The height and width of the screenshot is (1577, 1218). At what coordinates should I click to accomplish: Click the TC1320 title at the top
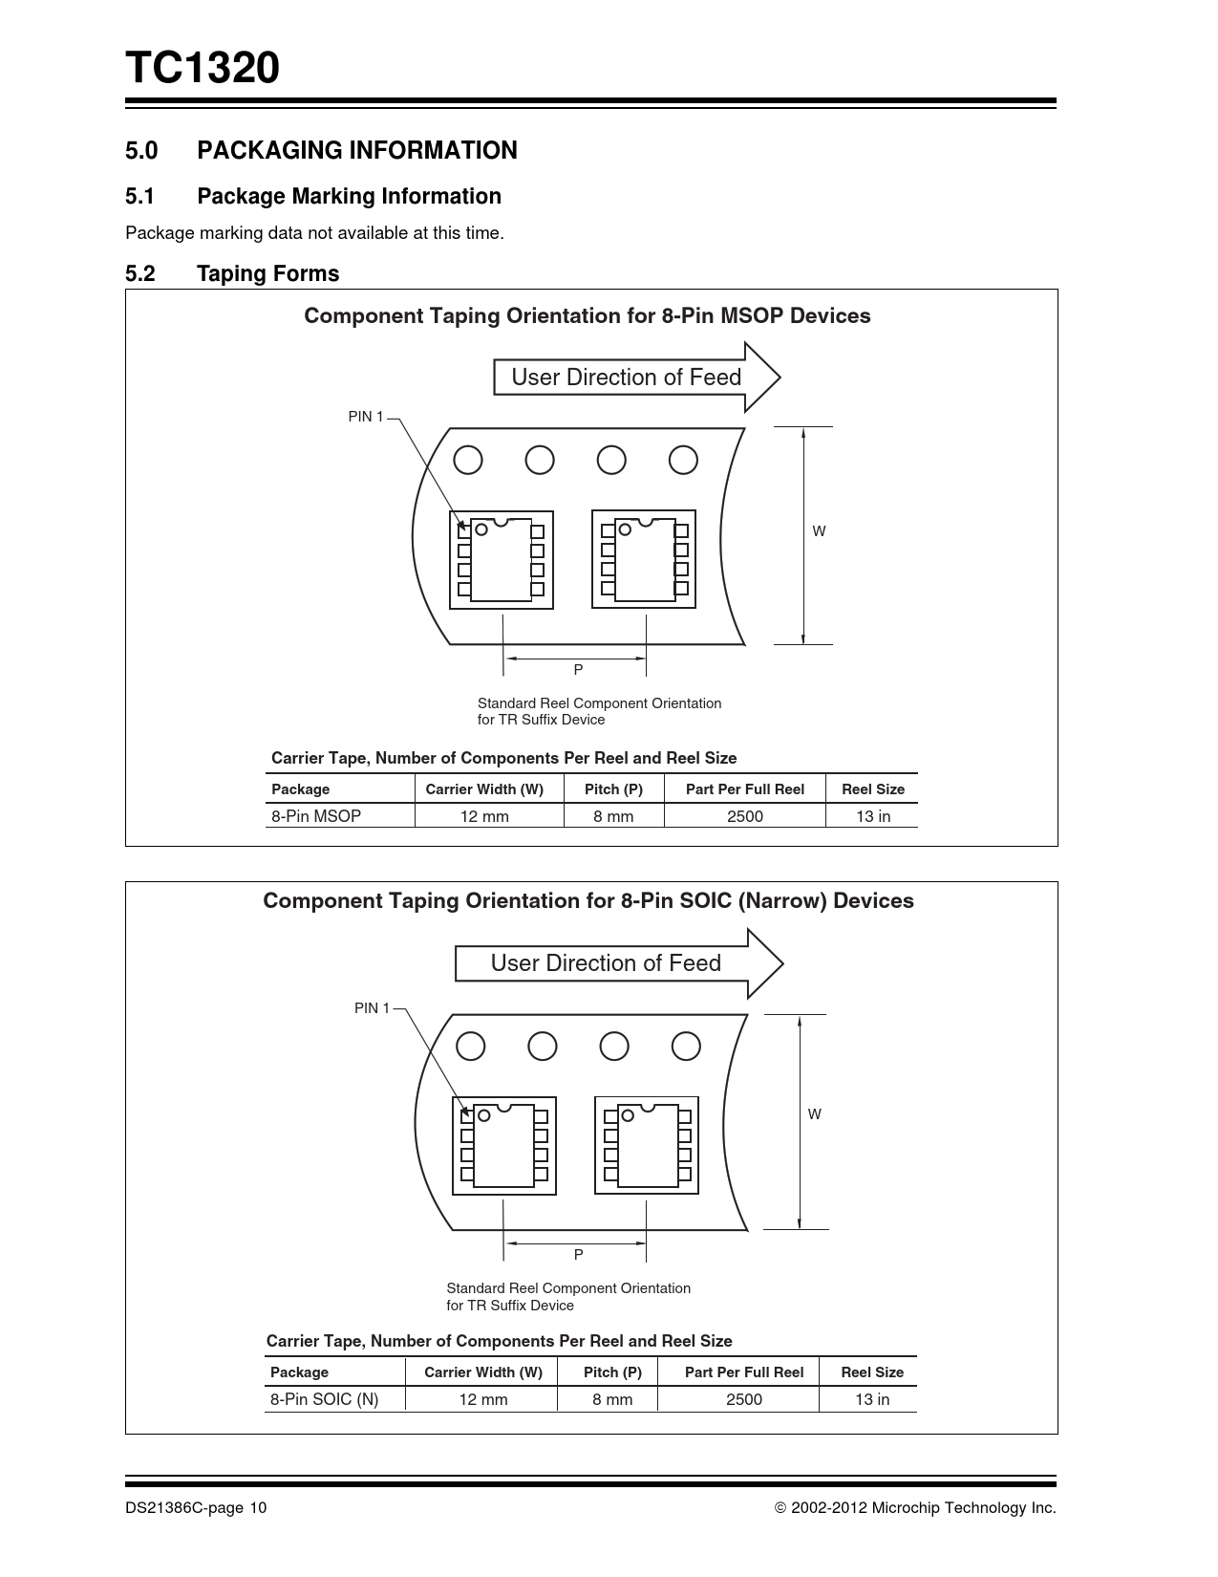tap(202, 69)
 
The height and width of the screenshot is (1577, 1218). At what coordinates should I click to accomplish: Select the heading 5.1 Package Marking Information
tap(313, 196)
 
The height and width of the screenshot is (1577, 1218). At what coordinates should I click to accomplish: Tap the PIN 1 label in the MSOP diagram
tap(365, 417)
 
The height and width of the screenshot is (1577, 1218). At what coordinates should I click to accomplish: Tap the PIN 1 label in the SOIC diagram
tap(372, 1008)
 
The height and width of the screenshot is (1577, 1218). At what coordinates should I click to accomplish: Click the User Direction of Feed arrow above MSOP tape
tap(635, 378)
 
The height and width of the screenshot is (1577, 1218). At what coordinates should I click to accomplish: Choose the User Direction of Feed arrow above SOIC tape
tap(617, 963)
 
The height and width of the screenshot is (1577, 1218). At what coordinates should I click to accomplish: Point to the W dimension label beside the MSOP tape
tap(819, 531)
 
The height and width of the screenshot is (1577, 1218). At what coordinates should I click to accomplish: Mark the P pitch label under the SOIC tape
tap(578, 1254)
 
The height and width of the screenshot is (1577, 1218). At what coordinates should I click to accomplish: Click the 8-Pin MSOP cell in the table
tap(316, 816)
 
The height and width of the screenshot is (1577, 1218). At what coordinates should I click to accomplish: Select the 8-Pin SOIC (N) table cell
tap(324, 1399)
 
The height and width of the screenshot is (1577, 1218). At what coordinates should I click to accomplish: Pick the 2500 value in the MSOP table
tap(745, 816)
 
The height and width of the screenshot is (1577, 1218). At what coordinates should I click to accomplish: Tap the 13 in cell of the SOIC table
tap(871, 1399)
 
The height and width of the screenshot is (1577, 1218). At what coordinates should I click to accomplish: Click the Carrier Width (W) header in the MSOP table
tap(484, 789)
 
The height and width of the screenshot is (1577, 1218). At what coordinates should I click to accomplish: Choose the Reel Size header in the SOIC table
tap(871, 1372)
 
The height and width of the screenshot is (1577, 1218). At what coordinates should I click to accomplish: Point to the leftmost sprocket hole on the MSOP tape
tap(468, 461)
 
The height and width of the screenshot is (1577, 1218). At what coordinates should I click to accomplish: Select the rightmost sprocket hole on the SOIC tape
tap(686, 1047)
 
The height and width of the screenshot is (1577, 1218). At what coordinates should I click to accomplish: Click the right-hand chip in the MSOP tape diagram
tap(645, 560)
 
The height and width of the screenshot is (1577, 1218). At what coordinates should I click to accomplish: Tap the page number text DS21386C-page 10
tap(196, 1508)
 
